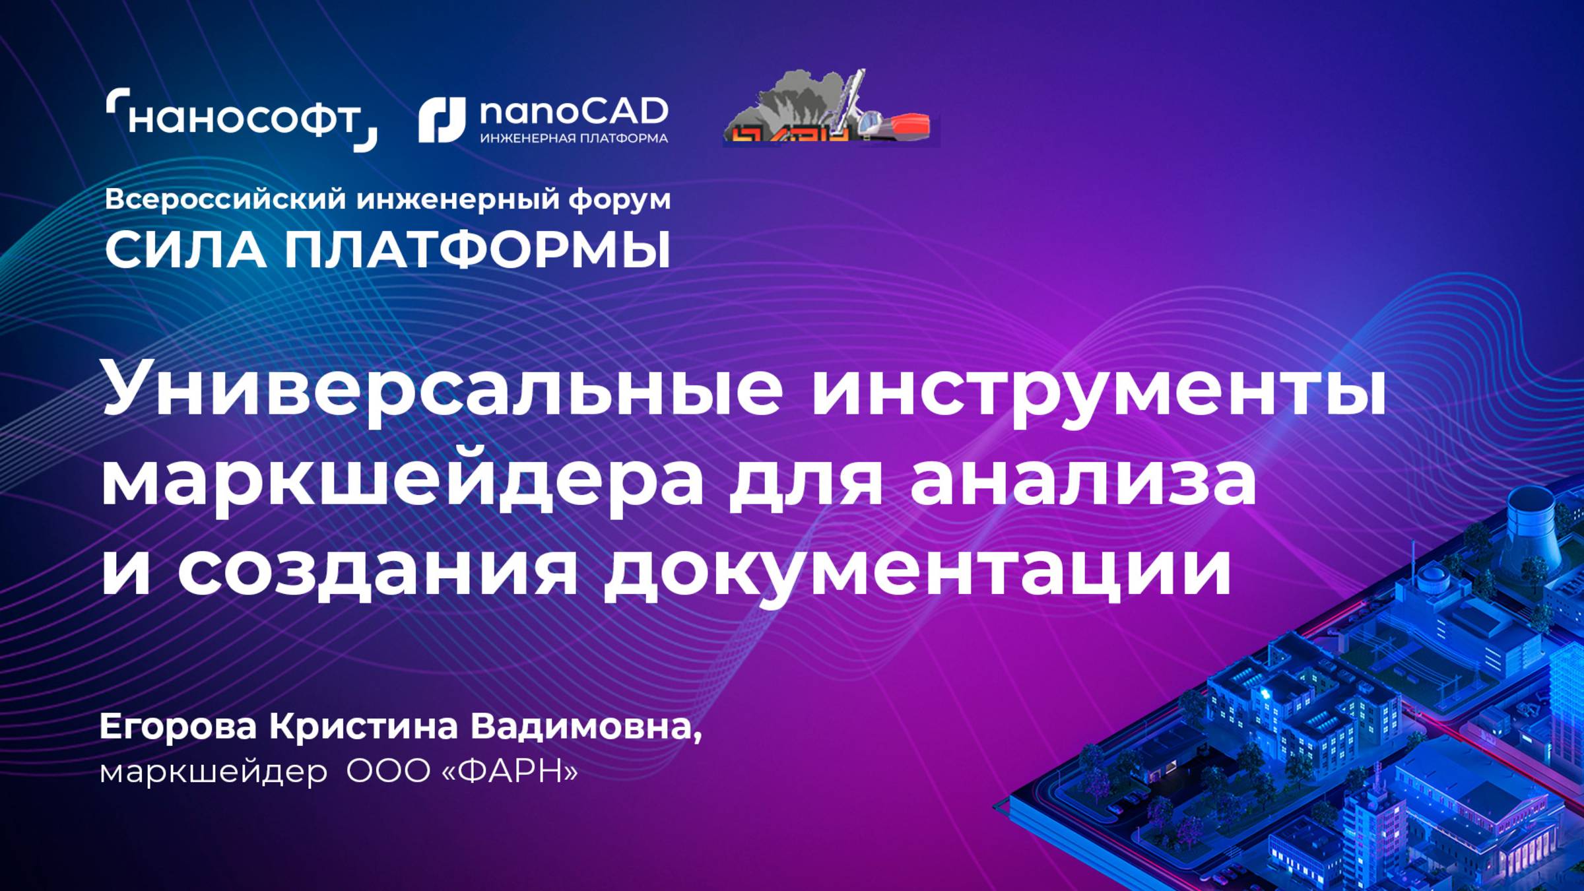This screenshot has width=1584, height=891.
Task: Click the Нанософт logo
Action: (242, 119)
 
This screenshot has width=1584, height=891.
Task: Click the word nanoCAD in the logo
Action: (574, 112)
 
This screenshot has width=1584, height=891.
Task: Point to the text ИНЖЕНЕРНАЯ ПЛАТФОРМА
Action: (574, 139)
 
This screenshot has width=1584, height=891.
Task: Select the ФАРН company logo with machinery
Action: (830, 109)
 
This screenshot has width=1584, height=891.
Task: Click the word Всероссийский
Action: (225, 199)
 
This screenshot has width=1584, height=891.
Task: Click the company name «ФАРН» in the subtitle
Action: (508, 771)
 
